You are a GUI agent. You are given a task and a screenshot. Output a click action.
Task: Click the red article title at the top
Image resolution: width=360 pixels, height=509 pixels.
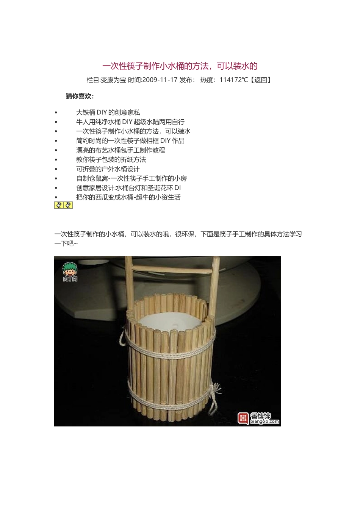pos(180,66)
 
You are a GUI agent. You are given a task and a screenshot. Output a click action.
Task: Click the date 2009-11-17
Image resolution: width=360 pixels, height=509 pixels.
pos(160,80)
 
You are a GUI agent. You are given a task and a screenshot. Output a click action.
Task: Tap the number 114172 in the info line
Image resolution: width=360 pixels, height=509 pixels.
pos(231,80)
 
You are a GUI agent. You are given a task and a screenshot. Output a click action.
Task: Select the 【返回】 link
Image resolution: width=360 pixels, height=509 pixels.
pos(261,80)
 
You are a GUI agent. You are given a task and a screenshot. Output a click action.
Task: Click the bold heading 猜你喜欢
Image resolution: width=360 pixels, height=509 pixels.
pos(80,96)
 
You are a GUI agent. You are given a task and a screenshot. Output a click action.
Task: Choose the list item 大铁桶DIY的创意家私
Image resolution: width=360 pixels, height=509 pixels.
pos(108,112)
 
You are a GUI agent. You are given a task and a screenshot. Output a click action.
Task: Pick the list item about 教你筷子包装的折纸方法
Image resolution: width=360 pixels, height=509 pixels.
pos(111,160)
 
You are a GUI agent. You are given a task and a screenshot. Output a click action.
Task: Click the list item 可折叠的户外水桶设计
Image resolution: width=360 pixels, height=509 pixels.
pos(108,169)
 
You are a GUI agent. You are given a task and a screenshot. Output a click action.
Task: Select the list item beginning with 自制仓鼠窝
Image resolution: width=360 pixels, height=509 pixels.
pos(131,178)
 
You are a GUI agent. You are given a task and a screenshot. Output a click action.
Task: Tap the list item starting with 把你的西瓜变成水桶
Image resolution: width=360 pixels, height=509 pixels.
pos(128,197)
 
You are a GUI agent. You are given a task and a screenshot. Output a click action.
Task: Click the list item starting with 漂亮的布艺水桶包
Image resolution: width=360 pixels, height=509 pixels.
pos(121,150)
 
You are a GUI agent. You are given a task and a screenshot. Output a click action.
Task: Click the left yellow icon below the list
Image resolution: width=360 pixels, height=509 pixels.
pos(59,205)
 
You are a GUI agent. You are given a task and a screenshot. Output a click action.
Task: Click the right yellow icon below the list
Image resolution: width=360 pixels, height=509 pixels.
pos(68,205)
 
